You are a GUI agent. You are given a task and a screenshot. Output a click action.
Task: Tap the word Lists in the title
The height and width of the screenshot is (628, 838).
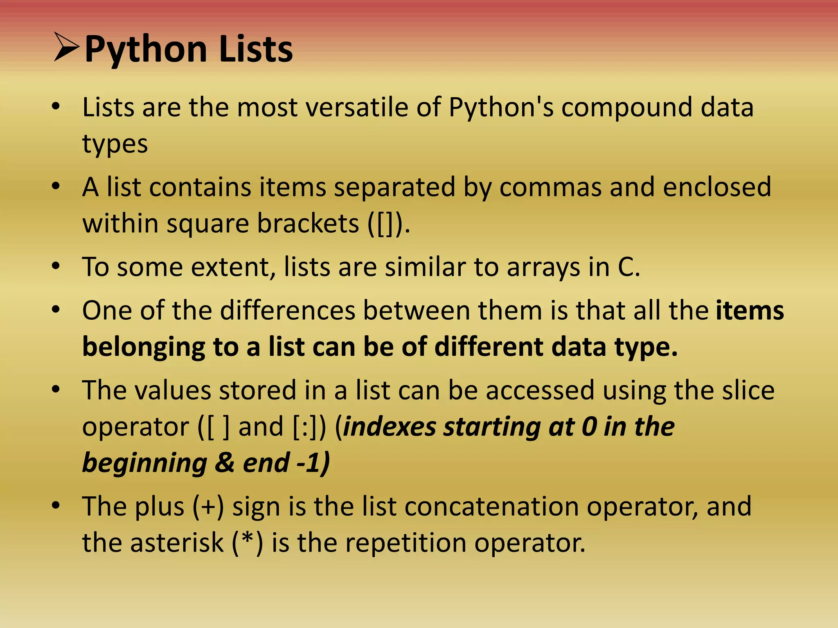pos(256,49)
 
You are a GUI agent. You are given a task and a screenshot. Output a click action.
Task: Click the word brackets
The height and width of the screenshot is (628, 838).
pos(308,224)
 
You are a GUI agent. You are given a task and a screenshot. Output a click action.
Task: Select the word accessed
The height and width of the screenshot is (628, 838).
pos(540,390)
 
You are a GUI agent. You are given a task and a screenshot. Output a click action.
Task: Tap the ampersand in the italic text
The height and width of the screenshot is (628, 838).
pos(225,463)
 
